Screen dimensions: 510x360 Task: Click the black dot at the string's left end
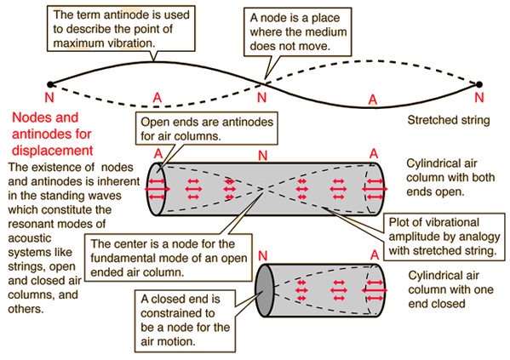point(50,84)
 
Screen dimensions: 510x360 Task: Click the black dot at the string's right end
point(478,84)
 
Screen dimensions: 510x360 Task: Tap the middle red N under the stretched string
point(262,97)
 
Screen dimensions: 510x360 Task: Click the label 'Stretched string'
point(449,120)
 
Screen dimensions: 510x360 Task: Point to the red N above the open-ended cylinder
point(263,156)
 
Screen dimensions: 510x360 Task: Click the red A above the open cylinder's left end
point(158,154)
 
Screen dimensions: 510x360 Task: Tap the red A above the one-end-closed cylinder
point(375,255)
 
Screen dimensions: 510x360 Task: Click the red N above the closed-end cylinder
point(263,256)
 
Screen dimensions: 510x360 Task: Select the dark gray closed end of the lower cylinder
point(265,290)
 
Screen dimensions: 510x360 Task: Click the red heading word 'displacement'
point(53,151)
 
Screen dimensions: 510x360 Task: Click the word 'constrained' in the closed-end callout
point(178,313)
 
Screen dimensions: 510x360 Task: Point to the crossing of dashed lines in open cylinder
point(265,189)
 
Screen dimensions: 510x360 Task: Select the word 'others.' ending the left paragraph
point(26,309)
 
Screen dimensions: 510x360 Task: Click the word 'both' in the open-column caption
point(483,178)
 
